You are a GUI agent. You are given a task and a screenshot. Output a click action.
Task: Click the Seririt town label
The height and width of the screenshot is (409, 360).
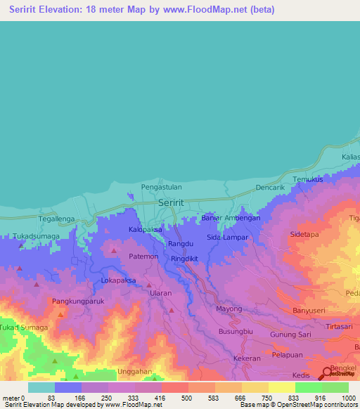(172, 202)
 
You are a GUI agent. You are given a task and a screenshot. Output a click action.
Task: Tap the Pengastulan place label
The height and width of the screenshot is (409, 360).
(162, 187)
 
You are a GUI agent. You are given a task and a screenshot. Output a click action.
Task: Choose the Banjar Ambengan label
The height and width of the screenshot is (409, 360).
(231, 218)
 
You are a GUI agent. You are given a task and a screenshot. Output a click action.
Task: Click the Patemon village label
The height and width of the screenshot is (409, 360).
(144, 257)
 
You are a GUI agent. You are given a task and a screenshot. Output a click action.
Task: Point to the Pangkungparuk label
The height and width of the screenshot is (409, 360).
(78, 301)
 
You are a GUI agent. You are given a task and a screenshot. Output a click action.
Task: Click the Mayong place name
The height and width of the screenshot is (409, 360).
(229, 309)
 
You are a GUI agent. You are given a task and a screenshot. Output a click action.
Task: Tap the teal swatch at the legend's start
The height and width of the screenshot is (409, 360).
(41, 387)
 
